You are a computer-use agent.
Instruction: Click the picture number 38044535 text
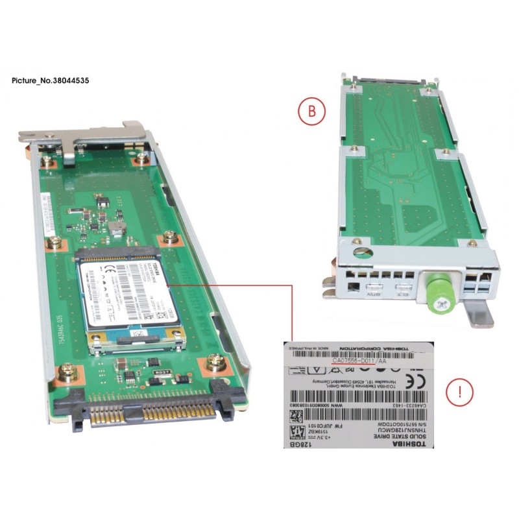pyautogui.click(x=51, y=81)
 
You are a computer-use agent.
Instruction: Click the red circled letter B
pyautogui.click(x=311, y=111)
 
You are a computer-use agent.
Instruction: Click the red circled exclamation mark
pyautogui.click(x=460, y=392)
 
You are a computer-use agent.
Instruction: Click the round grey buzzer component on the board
pyautogui.click(x=115, y=226)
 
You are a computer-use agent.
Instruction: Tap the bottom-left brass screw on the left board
pyautogui.click(x=65, y=372)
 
